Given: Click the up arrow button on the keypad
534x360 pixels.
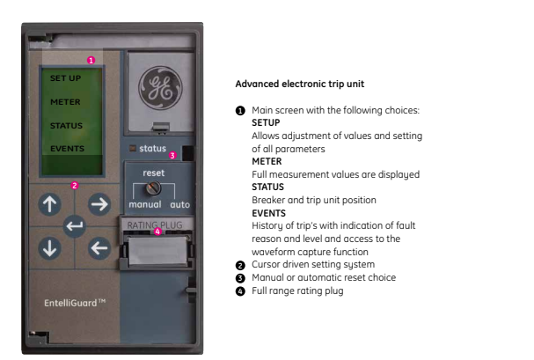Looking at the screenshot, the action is pos(50,204).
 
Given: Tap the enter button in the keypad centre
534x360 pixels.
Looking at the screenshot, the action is pos(75,226).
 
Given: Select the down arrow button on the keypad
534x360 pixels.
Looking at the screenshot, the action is pos(50,248).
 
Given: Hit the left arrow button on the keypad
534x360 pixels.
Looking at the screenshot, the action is pos(99,248).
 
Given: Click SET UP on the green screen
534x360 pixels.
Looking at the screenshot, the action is pos(65,78).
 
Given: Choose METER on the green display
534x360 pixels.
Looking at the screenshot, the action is pos(65,102).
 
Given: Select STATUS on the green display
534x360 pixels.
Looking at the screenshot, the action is pos(66,126).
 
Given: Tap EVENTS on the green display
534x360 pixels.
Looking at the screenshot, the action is pos(67,149).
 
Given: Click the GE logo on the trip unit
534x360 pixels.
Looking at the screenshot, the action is pos(160,87).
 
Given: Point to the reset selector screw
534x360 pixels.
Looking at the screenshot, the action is pos(153,187).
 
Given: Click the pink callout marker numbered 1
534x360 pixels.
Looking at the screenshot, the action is pos(91,60).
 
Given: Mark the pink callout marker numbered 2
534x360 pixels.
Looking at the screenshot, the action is pos(75,186).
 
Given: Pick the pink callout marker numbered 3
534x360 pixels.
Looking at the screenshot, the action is pos(172,155).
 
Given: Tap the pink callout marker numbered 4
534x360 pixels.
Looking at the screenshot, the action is pos(157,231).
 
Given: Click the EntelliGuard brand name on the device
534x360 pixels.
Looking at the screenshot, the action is pos(75,303).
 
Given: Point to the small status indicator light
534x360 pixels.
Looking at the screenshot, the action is pos(133,148).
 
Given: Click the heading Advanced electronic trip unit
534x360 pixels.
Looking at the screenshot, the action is pos(300,84).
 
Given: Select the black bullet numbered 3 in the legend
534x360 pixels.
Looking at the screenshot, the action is pos(240,278).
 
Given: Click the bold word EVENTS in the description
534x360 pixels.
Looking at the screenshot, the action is pos(268,213).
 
